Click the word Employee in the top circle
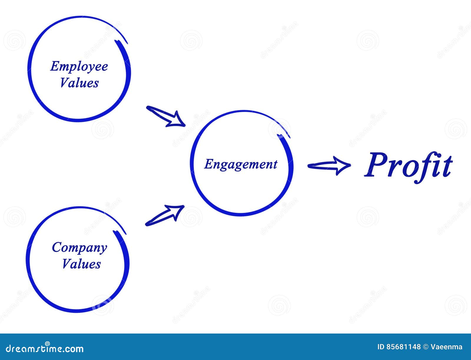[79, 66]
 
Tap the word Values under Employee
[79, 83]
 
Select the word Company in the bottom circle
[79, 248]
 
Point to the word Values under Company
[81, 264]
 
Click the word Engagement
[241, 164]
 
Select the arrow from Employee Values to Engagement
[165, 116]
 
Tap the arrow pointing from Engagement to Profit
[329, 166]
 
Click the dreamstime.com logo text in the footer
[45, 349]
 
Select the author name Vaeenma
[447, 347]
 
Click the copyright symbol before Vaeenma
[426, 347]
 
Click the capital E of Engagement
[208, 164]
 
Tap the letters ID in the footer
[381, 347]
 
